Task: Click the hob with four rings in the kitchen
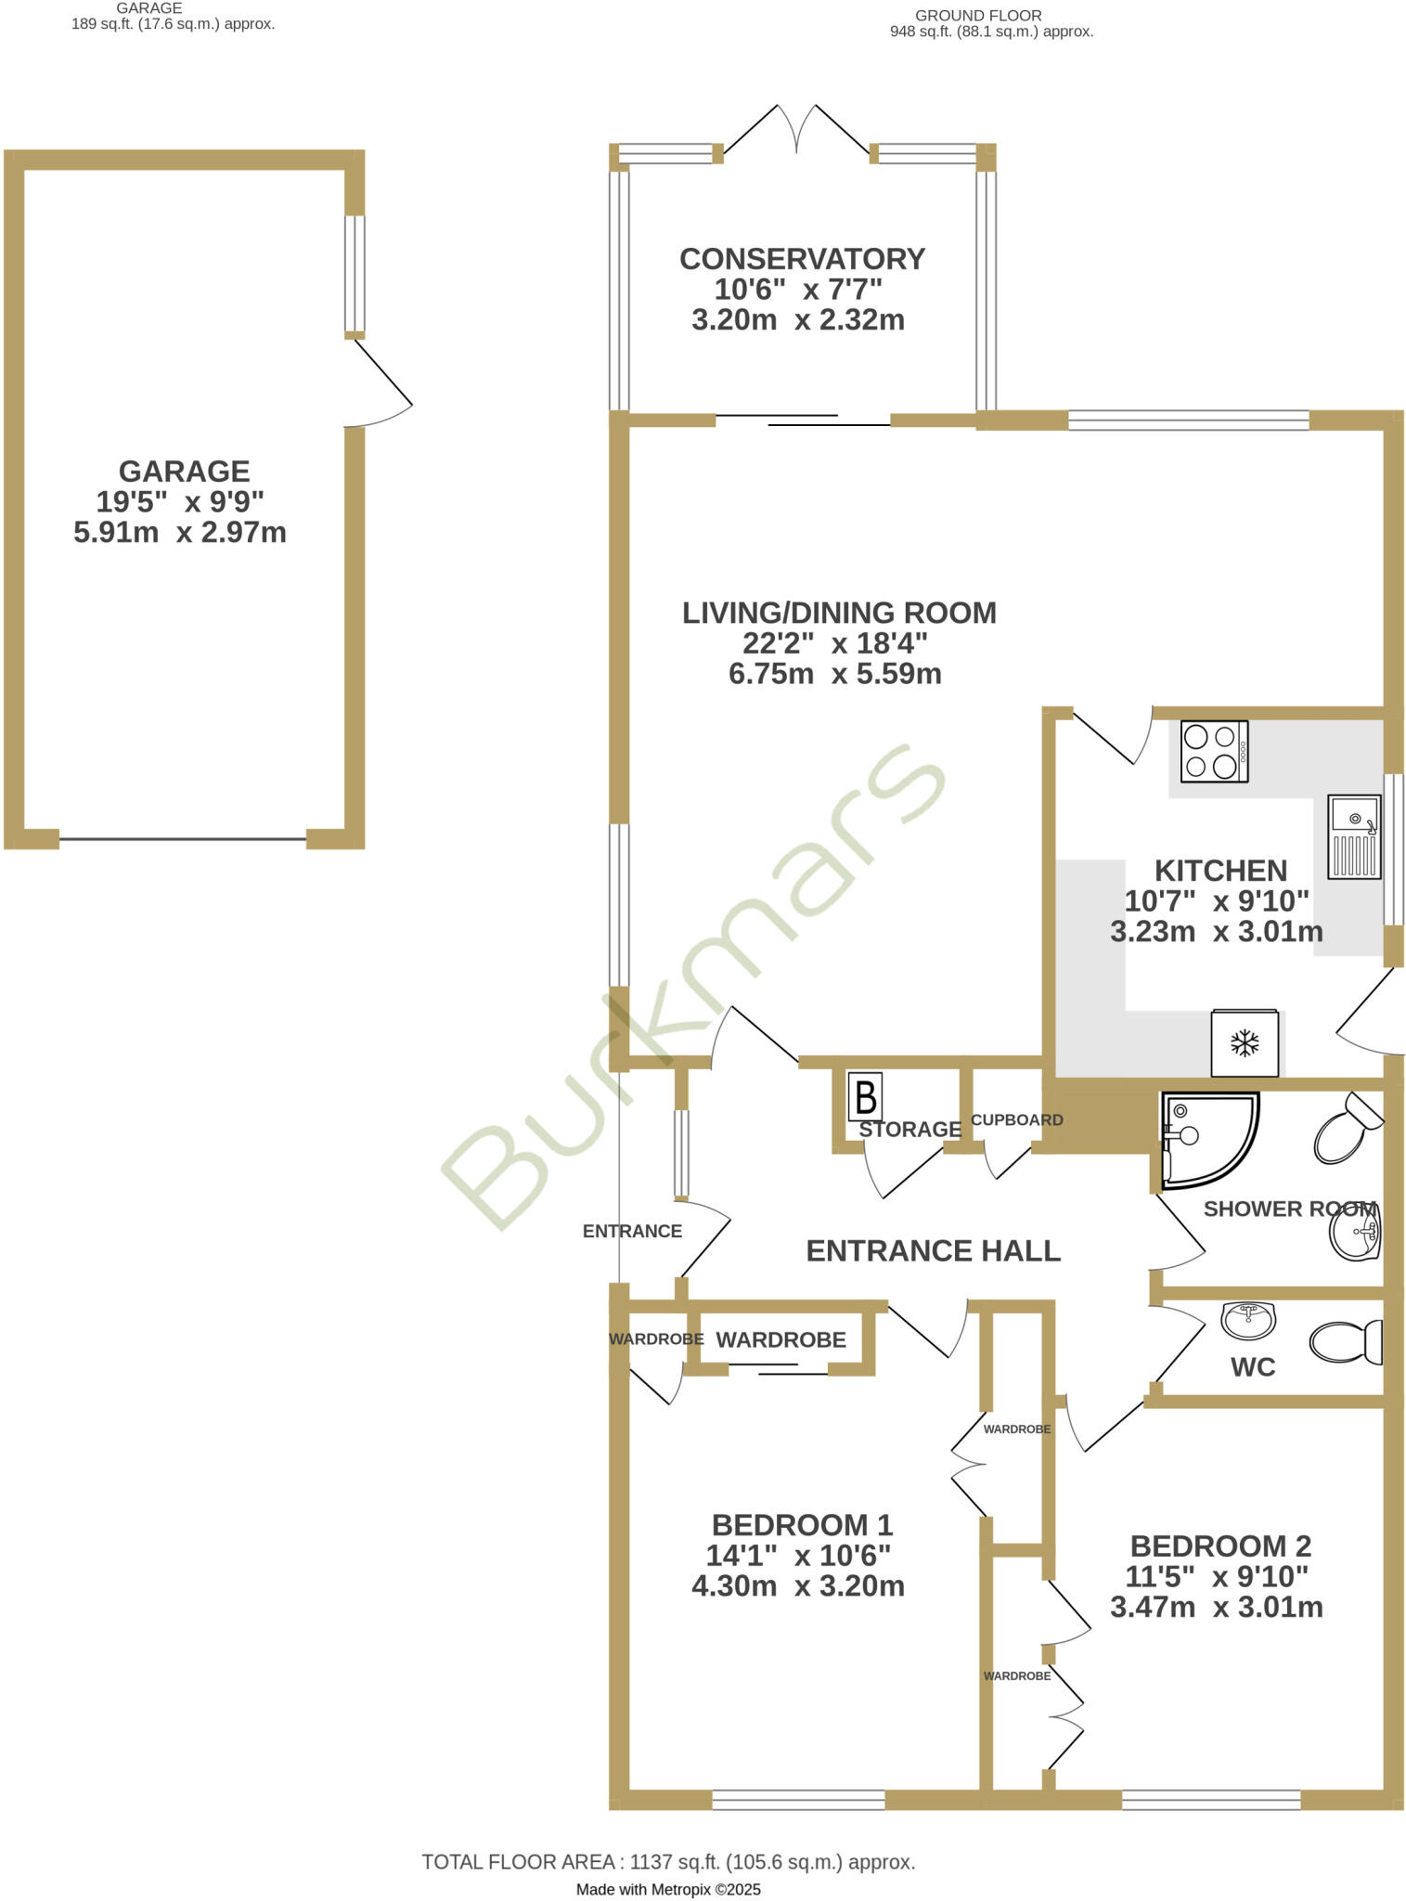coord(1214,751)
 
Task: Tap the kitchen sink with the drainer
coord(1354,836)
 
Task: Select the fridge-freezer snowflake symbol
coord(1245,1043)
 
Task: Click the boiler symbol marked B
coord(865,1097)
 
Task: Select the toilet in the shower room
coord(1346,1129)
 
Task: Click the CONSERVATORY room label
coord(802,259)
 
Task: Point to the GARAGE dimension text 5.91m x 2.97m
coord(180,533)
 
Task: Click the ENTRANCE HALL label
coord(933,1250)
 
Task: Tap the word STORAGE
coord(909,1129)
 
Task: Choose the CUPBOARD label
coord(1017,1119)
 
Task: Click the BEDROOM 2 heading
coord(1220,1545)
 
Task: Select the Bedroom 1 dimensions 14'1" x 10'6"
coord(798,1555)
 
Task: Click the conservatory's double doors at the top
coord(796,130)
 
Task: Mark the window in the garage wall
coord(355,274)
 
